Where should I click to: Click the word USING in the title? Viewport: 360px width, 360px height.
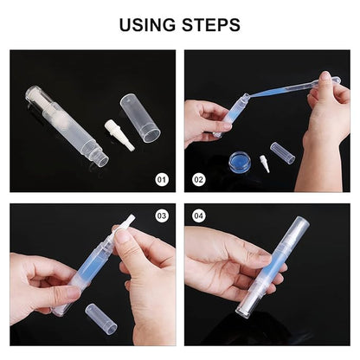(148, 25)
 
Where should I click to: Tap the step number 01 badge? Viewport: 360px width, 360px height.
(161, 180)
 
